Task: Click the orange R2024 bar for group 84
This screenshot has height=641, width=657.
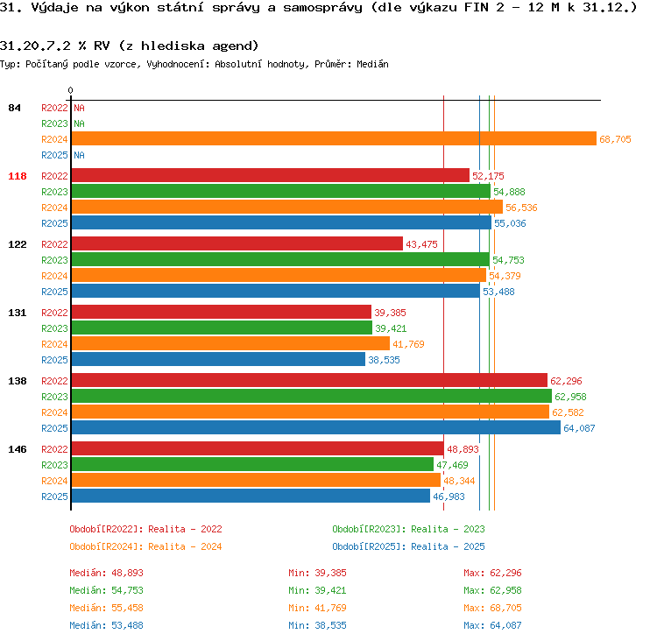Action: pyautogui.click(x=334, y=138)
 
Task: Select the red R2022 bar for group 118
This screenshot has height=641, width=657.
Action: pyautogui.click(x=271, y=175)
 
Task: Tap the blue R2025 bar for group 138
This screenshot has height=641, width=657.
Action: pyautogui.click(x=316, y=427)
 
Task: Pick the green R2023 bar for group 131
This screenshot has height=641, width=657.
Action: pyautogui.click(x=222, y=328)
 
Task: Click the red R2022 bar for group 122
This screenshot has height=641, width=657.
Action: pyautogui.click(x=237, y=243)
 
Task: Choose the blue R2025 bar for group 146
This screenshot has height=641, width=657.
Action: pyautogui.click(x=251, y=496)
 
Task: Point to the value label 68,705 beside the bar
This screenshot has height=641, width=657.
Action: pyautogui.click(x=615, y=139)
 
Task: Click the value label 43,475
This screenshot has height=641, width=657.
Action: pyautogui.click(x=421, y=244)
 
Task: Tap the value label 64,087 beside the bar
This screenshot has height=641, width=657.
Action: pyautogui.click(x=579, y=428)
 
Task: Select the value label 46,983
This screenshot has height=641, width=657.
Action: pyautogui.click(x=449, y=497)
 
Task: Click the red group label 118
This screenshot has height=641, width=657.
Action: pyautogui.click(x=18, y=176)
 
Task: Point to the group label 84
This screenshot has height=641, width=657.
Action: pyautogui.click(x=14, y=108)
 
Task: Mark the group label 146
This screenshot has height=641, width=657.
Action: pyautogui.click(x=18, y=449)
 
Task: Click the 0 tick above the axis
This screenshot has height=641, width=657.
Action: pyautogui.click(x=70, y=90)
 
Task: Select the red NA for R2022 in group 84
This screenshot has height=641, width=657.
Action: pyautogui.click(x=79, y=108)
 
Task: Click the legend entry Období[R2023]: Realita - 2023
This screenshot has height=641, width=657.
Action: pyautogui.click(x=408, y=529)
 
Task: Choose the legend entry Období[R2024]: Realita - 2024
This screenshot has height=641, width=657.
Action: pyautogui.click(x=145, y=546)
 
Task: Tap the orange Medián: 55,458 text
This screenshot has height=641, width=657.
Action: pyautogui.click(x=106, y=608)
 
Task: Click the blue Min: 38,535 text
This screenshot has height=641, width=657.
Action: pyautogui.click(x=317, y=625)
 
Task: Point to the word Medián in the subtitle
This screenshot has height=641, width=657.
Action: pyautogui.click(x=372, y=64)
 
